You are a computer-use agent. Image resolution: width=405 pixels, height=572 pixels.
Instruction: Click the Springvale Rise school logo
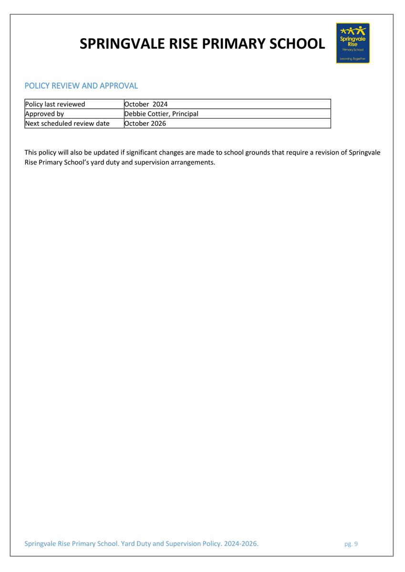click(x=353, y=43)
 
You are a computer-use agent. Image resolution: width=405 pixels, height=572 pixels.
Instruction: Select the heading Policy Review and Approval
click(x=81, y=86)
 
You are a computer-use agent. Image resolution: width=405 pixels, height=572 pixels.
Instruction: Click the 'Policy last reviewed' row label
click(x=55, y=104)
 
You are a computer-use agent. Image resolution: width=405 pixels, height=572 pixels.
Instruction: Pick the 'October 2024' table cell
click(x=145, y=104)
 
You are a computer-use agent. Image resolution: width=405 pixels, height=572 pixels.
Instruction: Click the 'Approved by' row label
click(x=44, y=113)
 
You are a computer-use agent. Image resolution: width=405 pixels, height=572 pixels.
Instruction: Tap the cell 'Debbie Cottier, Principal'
click(x=161, y=113)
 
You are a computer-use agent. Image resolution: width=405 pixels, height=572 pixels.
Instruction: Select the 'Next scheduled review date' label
click(x=67, y=123)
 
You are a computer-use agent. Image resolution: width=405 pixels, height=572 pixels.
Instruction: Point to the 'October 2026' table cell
click(x=145, y=123)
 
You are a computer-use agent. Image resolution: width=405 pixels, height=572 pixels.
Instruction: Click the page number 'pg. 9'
click(x=351, y=544)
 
